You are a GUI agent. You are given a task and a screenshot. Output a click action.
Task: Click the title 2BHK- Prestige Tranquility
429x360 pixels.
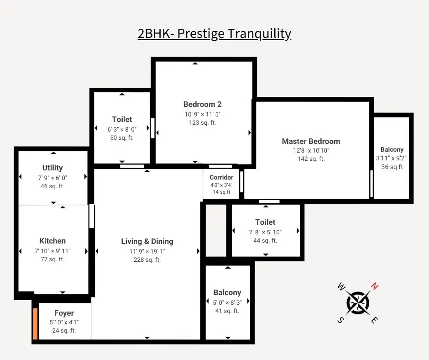214,34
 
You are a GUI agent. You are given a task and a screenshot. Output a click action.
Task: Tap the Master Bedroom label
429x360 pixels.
311,141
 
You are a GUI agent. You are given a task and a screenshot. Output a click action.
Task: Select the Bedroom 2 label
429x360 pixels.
202,104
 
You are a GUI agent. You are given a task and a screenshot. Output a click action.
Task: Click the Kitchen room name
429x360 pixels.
52,241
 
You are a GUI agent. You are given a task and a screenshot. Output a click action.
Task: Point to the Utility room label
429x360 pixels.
52,168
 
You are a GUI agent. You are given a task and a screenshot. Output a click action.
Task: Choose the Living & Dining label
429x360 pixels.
147,241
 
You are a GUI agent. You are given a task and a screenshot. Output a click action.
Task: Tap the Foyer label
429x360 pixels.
64,313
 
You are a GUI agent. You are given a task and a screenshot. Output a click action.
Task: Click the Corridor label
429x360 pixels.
221,177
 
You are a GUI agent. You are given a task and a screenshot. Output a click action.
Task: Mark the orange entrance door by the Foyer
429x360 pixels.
35,324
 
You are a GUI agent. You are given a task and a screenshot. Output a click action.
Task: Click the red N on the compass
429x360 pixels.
374,287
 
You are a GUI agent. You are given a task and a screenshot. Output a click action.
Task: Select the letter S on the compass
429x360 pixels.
340,320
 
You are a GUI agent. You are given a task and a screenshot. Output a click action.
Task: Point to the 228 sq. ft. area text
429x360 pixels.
147,259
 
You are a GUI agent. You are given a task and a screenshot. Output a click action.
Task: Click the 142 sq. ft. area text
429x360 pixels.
311,159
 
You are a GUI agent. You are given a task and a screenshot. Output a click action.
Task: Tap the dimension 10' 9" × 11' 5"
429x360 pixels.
202,114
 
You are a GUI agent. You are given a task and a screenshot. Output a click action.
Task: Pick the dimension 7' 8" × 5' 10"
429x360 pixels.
265,232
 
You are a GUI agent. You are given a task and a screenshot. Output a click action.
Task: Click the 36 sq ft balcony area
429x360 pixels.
392,167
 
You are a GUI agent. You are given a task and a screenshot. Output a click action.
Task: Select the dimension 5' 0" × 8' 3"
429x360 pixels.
227,302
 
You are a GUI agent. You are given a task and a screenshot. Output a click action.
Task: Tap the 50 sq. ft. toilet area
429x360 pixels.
122,138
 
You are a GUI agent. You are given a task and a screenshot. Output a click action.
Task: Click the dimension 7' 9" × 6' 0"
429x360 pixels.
52,177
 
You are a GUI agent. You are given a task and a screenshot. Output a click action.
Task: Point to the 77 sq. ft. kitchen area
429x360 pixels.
52,259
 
